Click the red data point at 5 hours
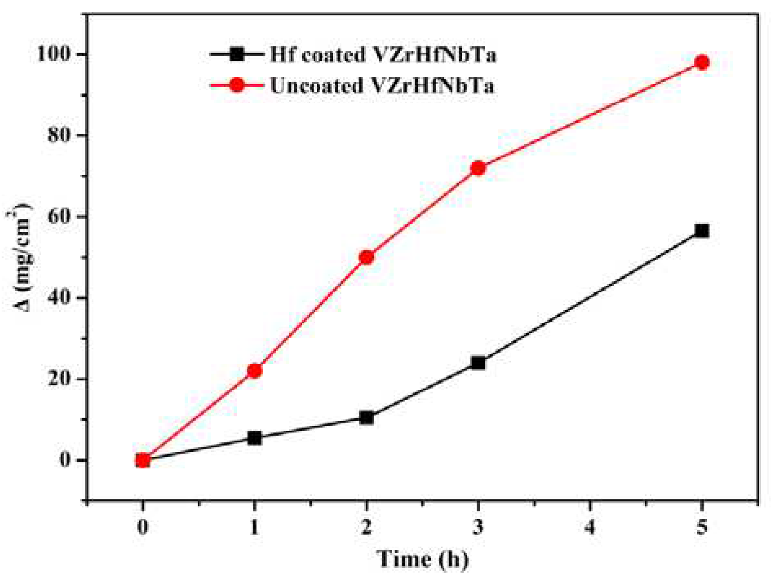pyautogui.click(x=702, y=62)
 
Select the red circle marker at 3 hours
pyautogui.click(x=478, y=168)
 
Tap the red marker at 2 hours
pyautogui.click(x=367, y=257)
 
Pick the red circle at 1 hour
pyautogui.click(x=254, y=371)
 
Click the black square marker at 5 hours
pyautogui.click(x=702, y=231)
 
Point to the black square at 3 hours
pyautogui.click(x=478, y=363)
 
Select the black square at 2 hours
pyautogui.click(x=367, y=418)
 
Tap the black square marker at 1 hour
pyautogui.click(x=254, y=438)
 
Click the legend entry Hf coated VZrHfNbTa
pyautogui.click(x=383, y=55)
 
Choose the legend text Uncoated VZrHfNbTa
pyautogui.click(x=382, y=86)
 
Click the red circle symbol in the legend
pyautogui.click(x=236, y=85)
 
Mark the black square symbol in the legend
pyautogui.click(x=236, y=54)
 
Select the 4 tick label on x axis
pyautogui.click(x=590, y=527)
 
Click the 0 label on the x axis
pyautogui.click(x=143, y=527)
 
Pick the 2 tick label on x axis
pyautogui.click(x=366, y=527)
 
